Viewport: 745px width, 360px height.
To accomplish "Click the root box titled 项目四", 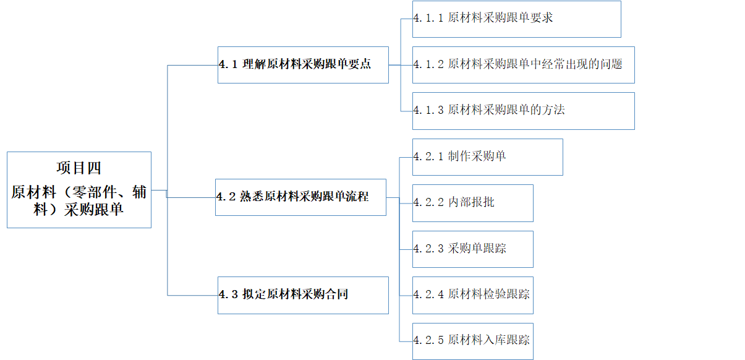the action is (79, 190).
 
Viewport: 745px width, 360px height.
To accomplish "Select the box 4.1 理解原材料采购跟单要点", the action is (303, 65).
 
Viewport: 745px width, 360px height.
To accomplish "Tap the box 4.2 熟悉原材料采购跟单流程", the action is (300, 197).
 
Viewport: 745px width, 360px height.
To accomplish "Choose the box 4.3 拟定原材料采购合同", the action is (303, 295).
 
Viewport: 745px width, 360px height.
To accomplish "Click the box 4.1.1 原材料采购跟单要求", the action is (516, 19).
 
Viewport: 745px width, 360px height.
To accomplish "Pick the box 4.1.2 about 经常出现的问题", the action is (523, 64).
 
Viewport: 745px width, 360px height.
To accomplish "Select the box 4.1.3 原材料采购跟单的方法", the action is (523, 111).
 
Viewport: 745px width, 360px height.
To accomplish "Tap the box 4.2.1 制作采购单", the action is (487, 157).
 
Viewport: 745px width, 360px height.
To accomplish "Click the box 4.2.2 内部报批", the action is (472, 203).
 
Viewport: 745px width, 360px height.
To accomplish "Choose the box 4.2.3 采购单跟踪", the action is (472, 249).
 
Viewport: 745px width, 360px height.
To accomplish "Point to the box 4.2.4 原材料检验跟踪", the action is (472, 295).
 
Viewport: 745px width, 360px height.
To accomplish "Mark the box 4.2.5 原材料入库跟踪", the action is (472, 341).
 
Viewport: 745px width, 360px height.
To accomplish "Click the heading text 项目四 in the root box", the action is (79, 168).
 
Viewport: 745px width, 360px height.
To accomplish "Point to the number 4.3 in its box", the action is (228, 295).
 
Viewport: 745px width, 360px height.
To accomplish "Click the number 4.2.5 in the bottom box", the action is (428, 340).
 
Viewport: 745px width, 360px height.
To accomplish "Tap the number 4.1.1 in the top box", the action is (428, 19).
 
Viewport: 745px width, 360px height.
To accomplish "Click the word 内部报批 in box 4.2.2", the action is (471, 202).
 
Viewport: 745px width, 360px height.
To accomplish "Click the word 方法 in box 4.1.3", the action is (553, 110).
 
